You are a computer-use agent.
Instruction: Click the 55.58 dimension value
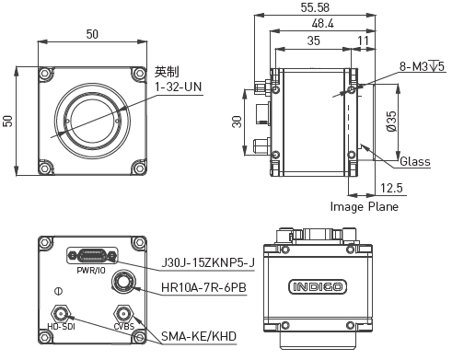pos(315,7)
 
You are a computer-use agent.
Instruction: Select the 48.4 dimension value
pos(322,24)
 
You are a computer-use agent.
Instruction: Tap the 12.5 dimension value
pos(391,188)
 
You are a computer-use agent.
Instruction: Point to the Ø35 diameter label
pos(391,122)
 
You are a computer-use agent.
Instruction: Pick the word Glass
pos(415,161)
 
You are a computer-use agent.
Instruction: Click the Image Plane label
pos(365,207)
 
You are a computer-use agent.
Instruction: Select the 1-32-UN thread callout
pos(179,87)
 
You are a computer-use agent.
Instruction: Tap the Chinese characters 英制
pos(167,72)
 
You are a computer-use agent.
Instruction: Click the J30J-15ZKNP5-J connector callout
pos(208,263)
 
